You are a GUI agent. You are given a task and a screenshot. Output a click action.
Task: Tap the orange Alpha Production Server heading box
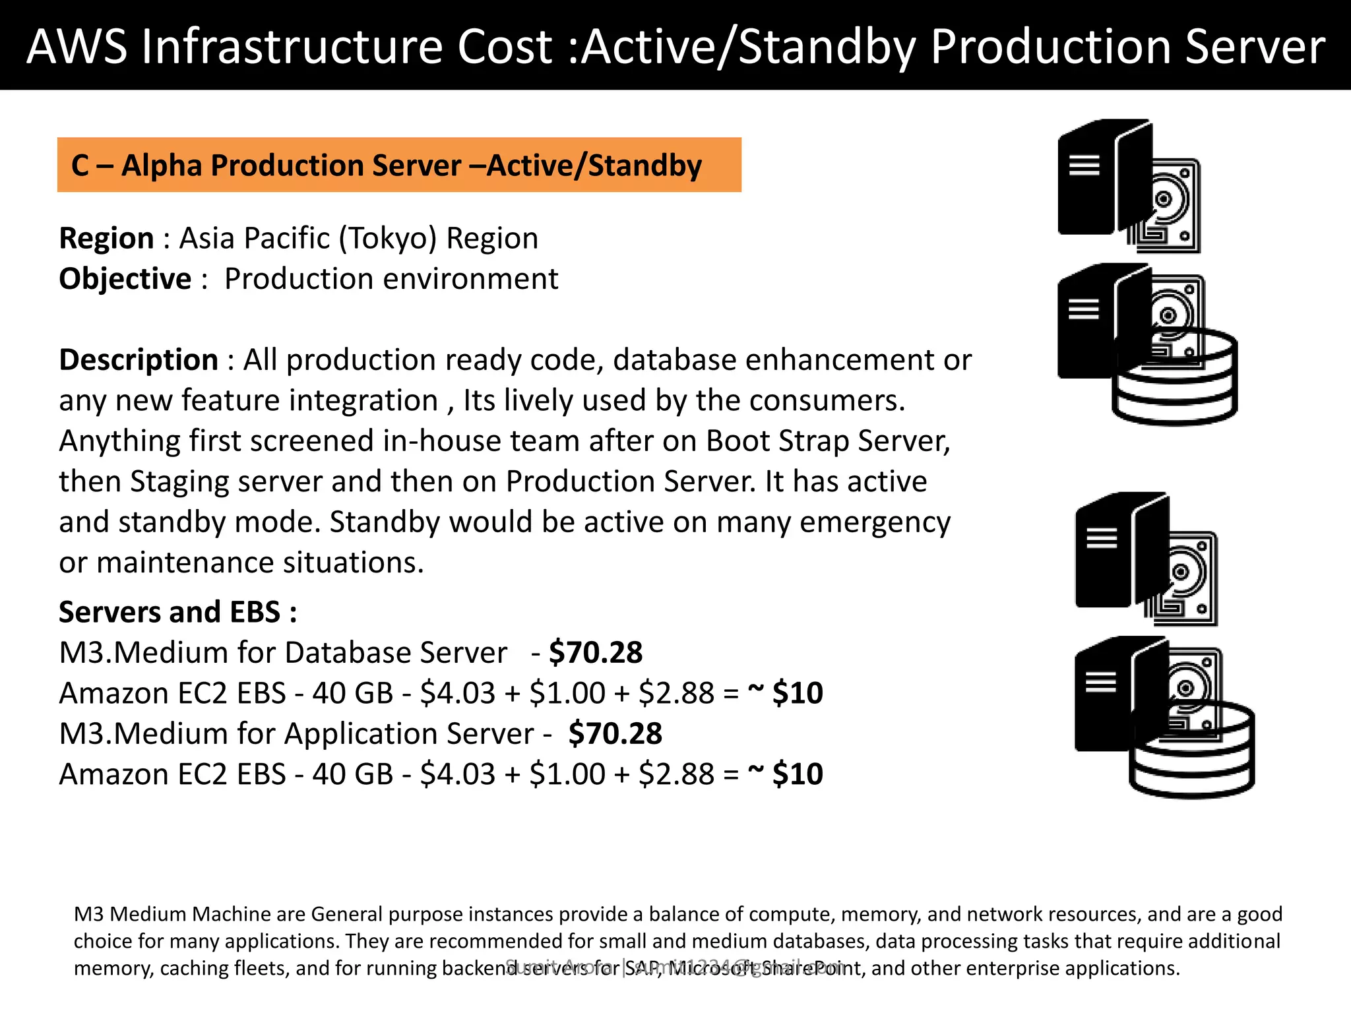(399, 165)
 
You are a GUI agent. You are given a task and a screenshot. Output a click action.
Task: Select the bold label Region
(106, 238)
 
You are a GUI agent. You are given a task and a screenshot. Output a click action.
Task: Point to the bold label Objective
(125, 279)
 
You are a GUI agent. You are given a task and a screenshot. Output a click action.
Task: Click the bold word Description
(139, 360)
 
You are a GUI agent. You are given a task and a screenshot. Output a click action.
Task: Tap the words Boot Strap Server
(828, 441)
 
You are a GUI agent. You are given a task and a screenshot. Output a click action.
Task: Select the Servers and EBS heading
(177, 612)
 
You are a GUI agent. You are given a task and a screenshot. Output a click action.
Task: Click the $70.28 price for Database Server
(596, 653)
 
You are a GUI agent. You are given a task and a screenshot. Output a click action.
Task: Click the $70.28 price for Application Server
(615, 734)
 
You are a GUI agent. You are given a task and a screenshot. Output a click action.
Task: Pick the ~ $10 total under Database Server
(785, 693)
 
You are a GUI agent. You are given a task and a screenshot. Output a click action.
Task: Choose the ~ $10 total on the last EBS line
(785, 774)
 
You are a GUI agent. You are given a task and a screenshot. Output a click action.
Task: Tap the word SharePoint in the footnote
(808, 968)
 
